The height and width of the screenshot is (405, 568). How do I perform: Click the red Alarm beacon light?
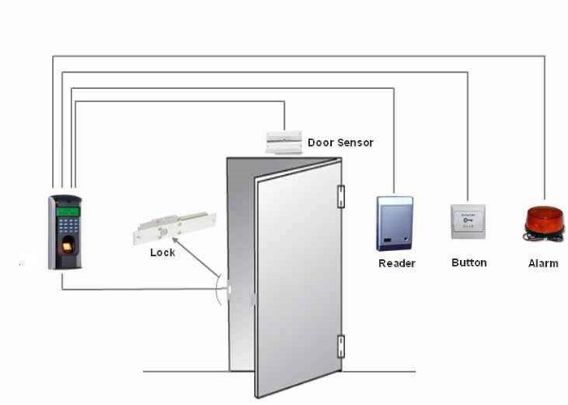[x=543, y=220]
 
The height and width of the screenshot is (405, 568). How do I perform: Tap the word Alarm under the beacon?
[x=543, y=263]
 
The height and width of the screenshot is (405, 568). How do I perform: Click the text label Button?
[x=469, y=262]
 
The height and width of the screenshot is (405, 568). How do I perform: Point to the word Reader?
[x=397, y=263]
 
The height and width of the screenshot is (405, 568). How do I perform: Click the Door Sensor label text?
[x=341, y=143]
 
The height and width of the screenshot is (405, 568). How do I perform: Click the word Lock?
[x=162, y=253]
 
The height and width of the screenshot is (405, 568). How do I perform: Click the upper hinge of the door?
[x=341, y=194]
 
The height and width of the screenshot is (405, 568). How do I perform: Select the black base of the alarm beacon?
[x=542, y=237]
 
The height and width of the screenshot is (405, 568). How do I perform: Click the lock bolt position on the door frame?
[x=230, y=288]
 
